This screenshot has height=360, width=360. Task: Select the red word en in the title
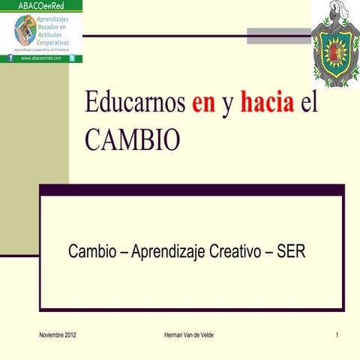203,104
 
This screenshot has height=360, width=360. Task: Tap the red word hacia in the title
267,104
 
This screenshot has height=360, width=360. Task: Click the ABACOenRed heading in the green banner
41,6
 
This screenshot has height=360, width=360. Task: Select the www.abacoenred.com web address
42,57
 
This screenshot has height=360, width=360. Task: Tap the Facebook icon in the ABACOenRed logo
10,57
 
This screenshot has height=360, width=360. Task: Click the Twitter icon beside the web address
72,57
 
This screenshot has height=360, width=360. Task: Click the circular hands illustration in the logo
24,30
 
